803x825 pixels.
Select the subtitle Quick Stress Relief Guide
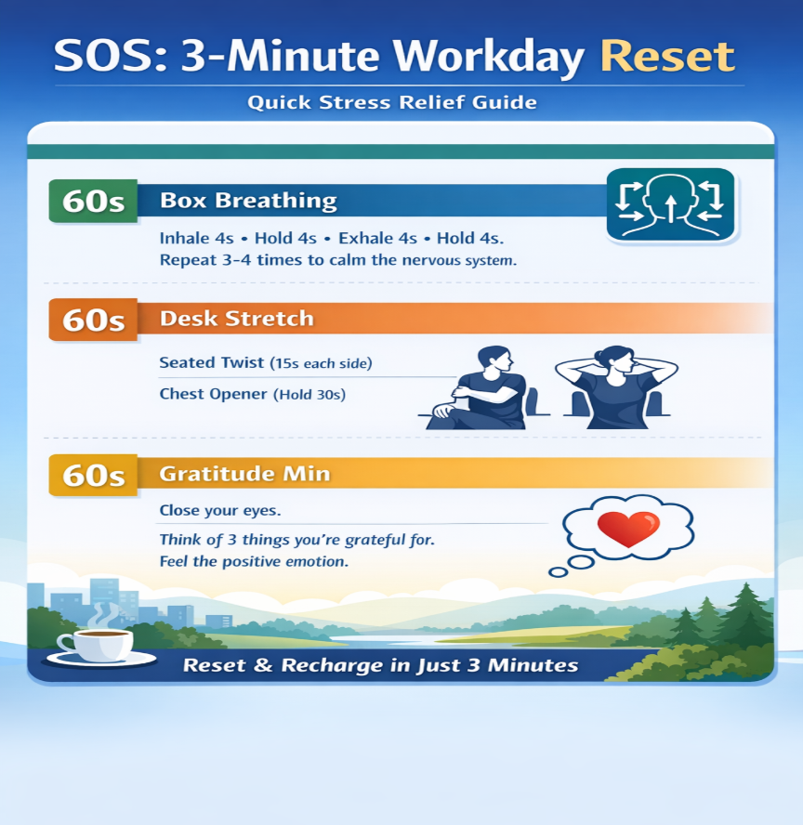tap(392, 102)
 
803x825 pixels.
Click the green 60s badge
tap(92, 202)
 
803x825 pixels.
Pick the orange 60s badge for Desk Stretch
tap(92, 320)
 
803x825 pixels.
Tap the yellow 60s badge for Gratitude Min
tap(92, 476)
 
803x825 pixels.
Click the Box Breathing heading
tap(248, 201)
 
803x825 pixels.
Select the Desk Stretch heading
tap(236, 319)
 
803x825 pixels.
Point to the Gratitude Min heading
tap(244, 474)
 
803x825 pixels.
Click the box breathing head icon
tap(669, 205)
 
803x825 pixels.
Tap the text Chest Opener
tap(213, 394)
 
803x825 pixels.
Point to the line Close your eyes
tap(219, 510)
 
